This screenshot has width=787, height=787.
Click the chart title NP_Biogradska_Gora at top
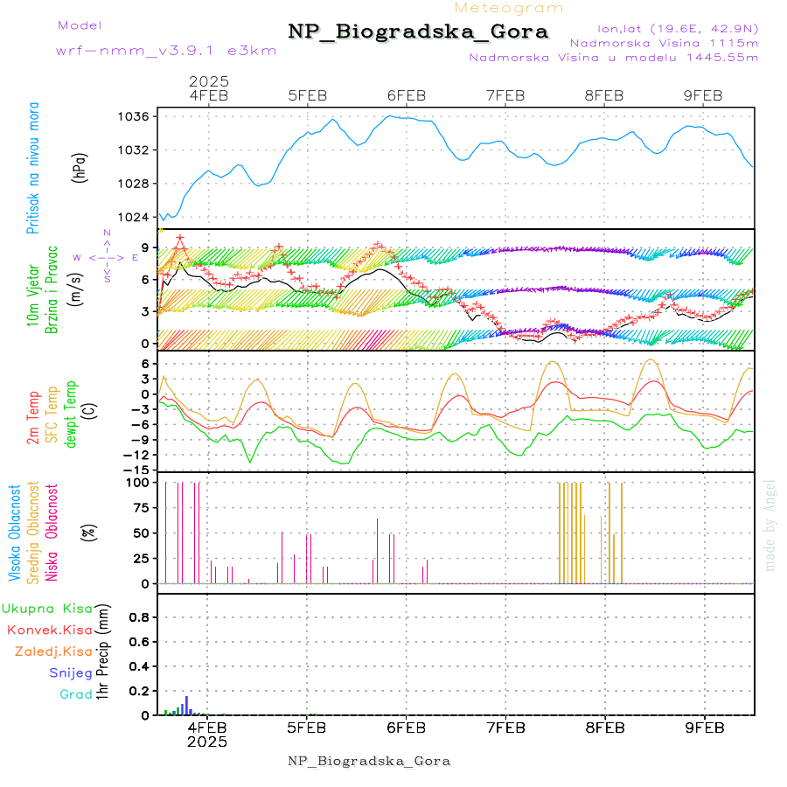point(418,32)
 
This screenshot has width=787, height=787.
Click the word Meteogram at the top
point(510,8)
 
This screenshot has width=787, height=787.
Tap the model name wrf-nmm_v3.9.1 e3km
point(166,50)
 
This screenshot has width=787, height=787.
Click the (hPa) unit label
point(81,168)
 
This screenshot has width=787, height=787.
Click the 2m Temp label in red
point(33,418)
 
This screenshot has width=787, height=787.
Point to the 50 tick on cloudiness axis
point(140,533)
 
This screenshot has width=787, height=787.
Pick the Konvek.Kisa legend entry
point(49,630)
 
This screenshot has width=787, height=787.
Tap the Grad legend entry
point(75,694)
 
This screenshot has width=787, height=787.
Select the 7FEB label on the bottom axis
point(505,727)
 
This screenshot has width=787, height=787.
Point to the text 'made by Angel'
point(770,525)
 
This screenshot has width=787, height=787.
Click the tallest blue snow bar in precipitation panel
point(186,705)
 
